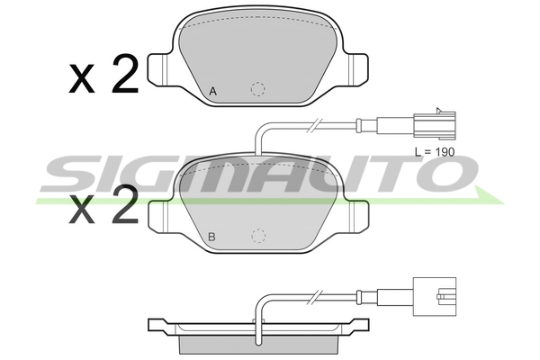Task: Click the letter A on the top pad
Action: click(213, 92)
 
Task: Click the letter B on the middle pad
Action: click(212, 237)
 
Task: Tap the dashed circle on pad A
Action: click(258, 89)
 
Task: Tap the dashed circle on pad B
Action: click(258, 236)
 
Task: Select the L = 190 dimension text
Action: click(435, 151)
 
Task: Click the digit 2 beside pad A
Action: click(125, 74)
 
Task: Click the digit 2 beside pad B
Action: click(125, 204)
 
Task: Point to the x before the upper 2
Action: click(82, 78)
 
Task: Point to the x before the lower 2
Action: click(82, 209)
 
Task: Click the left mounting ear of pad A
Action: click(158, 69)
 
